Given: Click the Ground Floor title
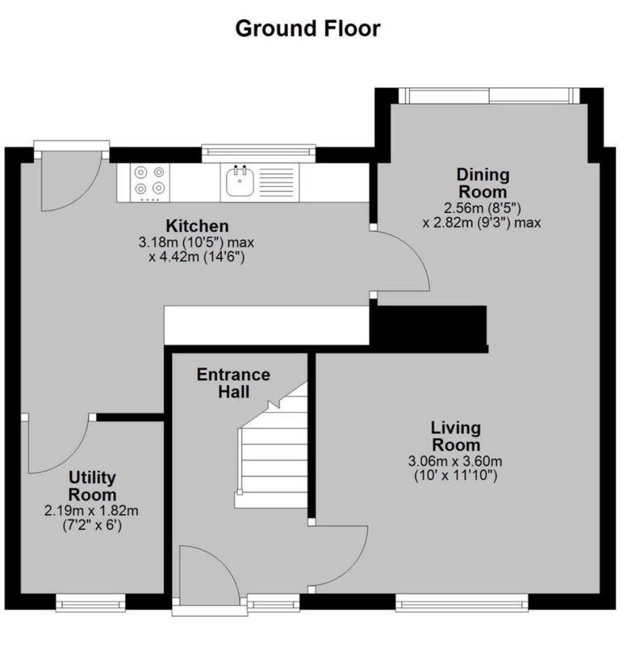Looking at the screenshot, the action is [307, 29].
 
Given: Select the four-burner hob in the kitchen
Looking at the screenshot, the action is [149, 183].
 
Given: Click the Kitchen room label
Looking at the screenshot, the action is [197, 227].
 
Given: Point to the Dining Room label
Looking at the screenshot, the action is [483, 183].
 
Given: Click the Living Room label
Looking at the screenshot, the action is [456, 436].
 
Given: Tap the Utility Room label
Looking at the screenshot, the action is [92, 486].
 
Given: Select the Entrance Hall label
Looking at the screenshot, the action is [233, 383].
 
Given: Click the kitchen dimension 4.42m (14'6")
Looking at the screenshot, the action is [197, 257].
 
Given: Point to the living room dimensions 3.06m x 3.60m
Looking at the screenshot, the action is [455, 461].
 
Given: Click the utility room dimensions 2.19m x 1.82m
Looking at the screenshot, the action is [91, 511].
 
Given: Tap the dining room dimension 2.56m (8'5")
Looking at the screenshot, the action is [483, 208].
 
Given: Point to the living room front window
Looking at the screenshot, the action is [462, 603].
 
